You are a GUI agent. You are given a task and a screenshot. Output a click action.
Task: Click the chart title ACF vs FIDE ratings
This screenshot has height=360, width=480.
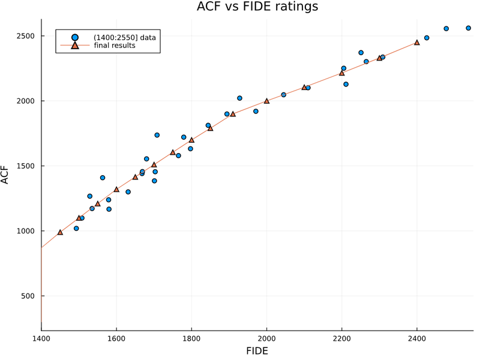tap(257, 7)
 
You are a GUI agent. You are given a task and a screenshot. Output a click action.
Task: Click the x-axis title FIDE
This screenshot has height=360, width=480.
tap(257, 350)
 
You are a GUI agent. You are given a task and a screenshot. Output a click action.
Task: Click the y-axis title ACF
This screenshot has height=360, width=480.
tap(5, 176)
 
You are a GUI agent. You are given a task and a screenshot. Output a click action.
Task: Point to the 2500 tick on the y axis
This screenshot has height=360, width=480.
tap(26, 36)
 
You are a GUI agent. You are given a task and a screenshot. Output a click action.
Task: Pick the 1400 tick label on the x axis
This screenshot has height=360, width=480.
tap(41, 338)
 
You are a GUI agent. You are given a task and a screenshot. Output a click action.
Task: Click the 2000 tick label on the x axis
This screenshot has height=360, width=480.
tap(266, 338)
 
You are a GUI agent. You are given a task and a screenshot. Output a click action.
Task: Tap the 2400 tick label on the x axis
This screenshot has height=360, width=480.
tap(417, 338)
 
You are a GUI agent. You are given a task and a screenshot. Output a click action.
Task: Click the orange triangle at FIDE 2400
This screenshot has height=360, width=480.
tap(417, 43)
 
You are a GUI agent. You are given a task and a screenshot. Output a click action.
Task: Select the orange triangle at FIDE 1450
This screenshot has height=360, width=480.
tap(60, 232)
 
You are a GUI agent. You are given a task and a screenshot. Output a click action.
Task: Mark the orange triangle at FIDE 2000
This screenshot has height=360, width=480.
tap(266, 101)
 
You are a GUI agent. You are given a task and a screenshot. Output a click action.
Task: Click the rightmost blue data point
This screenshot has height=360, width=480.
tap(469, 28)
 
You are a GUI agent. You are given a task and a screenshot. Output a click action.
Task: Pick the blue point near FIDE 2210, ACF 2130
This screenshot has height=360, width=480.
tap(346, 84)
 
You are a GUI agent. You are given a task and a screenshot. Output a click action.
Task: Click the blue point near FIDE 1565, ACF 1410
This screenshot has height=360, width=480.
tap(103, 178)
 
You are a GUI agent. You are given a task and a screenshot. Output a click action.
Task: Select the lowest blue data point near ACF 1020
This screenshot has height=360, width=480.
tap(76, 228)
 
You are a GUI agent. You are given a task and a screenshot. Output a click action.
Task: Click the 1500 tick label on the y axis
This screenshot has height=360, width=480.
tap(26, 166)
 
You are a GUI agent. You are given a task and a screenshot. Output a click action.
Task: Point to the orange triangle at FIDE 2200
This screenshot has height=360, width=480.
tap(342, 73)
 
